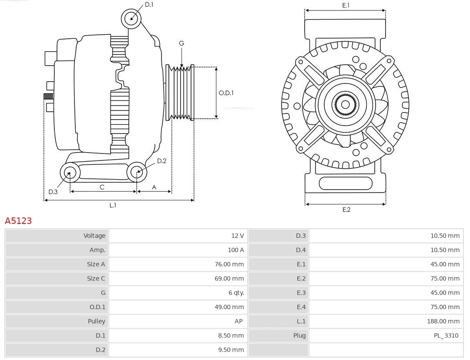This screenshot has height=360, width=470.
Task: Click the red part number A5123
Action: (x=18, y=221)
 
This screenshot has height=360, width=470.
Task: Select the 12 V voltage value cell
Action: (x=237, y=236)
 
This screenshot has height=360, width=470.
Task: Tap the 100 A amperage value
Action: (x=235, y=250)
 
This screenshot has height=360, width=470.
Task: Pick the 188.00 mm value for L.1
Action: (x=443, y=321)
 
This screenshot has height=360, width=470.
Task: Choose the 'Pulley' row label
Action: (x=96, y=321)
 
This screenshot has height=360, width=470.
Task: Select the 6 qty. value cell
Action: (x=235, y=293)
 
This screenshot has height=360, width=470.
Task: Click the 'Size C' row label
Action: (x=96, y=278)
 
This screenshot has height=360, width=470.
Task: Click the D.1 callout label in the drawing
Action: (x=149, y=5)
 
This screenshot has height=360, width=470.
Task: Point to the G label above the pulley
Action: (x=181, y=43)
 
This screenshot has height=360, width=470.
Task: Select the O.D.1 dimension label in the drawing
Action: (x=226, y=93)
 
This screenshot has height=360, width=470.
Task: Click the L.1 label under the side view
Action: (x=113, y=205)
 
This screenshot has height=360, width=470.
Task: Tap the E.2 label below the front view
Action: (x=346, y=210)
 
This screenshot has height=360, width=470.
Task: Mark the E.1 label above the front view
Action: (x=346, y=5)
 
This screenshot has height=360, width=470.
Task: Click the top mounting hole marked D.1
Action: (x=131, y=18)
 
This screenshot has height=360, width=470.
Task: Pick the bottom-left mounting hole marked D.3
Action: (x=69, y=173)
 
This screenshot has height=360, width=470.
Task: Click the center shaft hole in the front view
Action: (x=345, y=104)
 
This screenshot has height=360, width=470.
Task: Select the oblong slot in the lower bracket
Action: (x=346, y=183)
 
